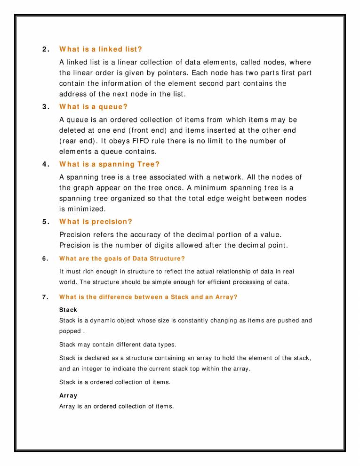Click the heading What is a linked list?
101,49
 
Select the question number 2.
45,49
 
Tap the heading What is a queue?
93,107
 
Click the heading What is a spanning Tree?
110,164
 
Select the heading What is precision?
96,222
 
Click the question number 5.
45,222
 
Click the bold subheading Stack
68,310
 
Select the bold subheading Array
68,396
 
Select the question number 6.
44,258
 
